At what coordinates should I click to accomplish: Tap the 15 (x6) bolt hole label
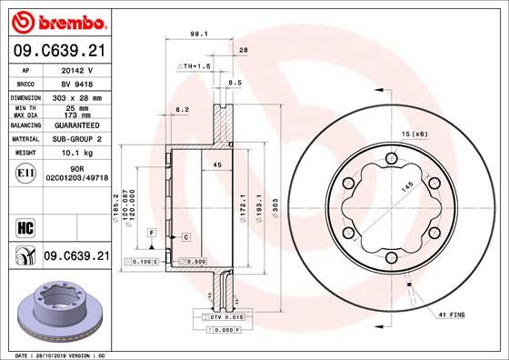(x=414, y=135)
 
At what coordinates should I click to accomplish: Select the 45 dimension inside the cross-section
(x=216, y=165)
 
